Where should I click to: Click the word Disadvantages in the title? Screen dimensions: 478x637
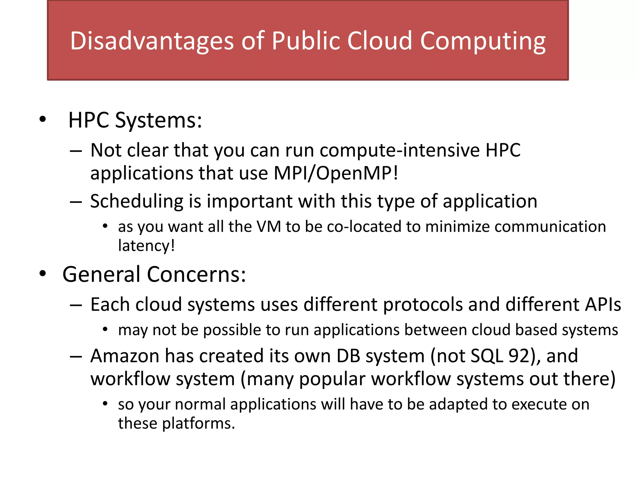pyautogui.click(x=152, y=41)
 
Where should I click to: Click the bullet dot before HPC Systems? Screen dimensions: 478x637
pyautogui.click(x=43, y=119)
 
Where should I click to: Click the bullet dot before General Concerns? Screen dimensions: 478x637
pyautogui.click(x=43, y=274)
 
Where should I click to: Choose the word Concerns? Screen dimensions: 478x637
pyautogui.click(x=196, y=274)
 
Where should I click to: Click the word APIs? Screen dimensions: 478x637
pyautogui.click(x=603, y=304)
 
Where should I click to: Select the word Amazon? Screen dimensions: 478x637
pyautogui.click(x=125, y=356)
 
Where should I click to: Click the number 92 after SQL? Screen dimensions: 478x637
pyautogui.click(x=519, y=356)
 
